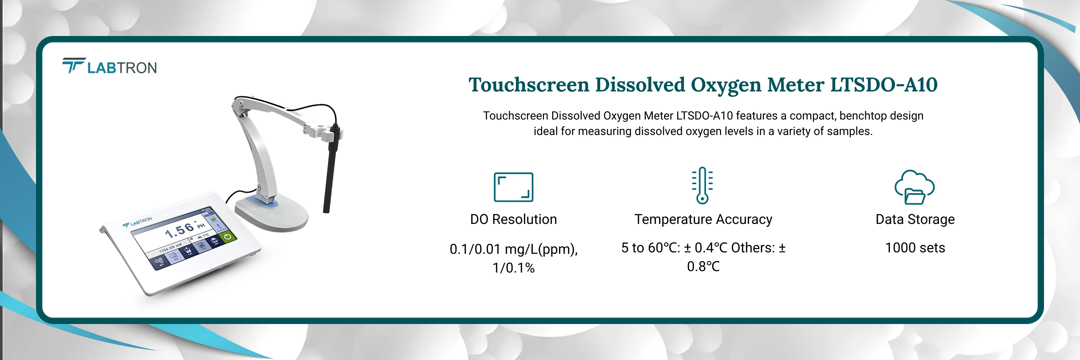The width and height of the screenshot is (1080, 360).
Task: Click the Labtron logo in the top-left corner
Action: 109,66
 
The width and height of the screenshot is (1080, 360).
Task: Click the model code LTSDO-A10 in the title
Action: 883,85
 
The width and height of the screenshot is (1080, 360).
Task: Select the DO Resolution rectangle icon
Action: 513,187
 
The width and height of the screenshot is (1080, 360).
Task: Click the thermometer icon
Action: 702,185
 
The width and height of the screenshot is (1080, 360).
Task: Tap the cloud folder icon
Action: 914,187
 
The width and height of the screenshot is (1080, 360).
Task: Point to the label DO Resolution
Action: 513,219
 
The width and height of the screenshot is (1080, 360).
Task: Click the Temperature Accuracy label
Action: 703,219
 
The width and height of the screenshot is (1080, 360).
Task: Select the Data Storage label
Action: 915,219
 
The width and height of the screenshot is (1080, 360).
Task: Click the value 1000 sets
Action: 915,248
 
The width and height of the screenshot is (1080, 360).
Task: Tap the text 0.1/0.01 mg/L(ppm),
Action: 513,249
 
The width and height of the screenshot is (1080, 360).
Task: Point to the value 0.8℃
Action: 703,266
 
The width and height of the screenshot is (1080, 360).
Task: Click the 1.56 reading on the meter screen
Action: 179,230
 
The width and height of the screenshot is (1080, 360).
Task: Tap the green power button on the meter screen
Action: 227,237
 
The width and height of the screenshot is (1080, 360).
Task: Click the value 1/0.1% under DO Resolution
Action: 513,268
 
